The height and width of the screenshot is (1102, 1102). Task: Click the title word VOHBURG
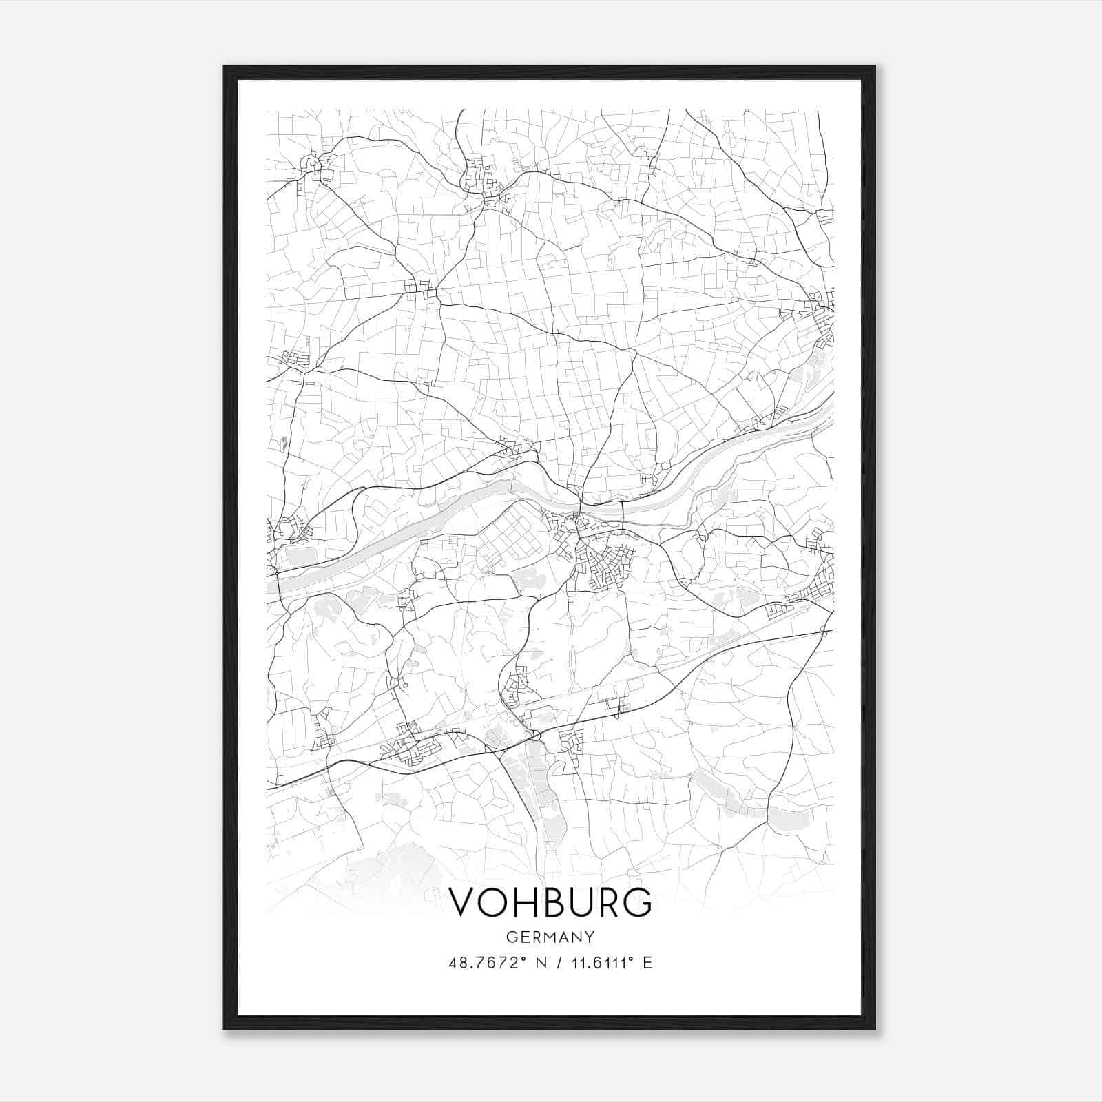pos(550,902)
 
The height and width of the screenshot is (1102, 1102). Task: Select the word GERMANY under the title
pos(550,937)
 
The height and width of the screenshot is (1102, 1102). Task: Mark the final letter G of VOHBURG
pos(638,902)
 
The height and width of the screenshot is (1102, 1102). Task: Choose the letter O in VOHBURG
pos(492,902)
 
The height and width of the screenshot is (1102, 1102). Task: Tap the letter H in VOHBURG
pos(521,902)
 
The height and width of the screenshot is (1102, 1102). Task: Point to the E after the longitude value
pos(647,963)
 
